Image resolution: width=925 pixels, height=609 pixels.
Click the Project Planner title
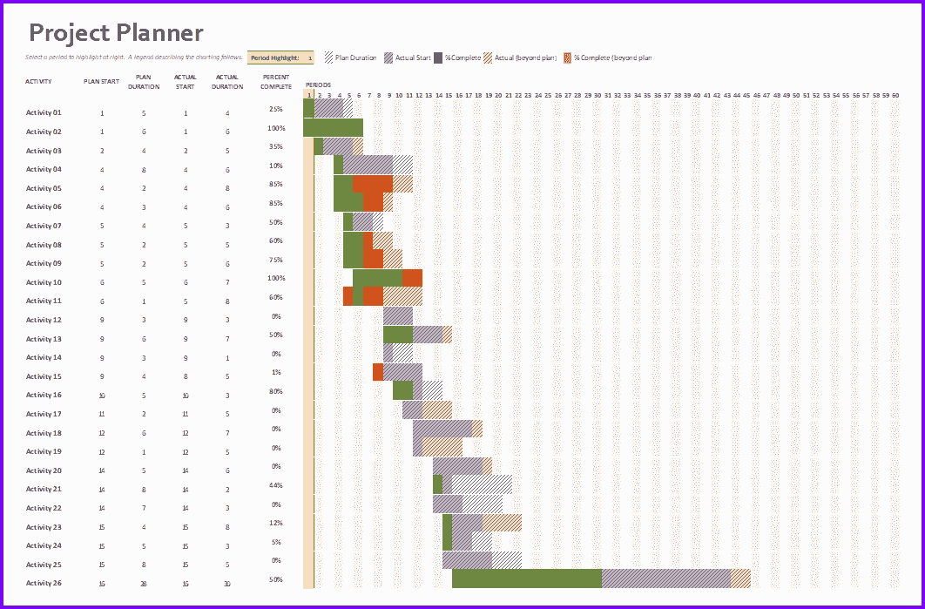click(116, 33)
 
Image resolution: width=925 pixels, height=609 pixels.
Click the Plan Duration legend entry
click(351, 58)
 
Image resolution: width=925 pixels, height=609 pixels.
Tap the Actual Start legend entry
click(408, 58)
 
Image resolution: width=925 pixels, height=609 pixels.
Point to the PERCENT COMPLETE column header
click(276, 81)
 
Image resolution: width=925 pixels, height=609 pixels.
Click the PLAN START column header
click(101, 81)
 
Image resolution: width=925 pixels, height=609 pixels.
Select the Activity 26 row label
click(44, 583)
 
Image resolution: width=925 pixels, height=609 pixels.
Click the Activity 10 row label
click(44, 282)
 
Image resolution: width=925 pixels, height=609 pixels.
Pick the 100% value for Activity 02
click(276, 128)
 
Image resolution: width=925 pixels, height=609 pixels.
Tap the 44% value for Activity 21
click(276, 485)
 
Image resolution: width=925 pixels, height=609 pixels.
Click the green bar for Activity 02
click(333, 127)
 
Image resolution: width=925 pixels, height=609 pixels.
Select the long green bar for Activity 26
click(526, 579)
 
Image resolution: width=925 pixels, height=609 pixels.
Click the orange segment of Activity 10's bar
click(412, 278)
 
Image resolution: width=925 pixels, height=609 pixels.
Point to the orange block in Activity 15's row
click(378, 372)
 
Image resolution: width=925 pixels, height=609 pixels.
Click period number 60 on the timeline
click(895, 95)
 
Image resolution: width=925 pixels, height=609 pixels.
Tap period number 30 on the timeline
click(598, 95)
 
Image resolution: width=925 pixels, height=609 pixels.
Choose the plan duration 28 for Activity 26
click(144, 583)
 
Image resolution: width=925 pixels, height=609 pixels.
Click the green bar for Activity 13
click(397, 335)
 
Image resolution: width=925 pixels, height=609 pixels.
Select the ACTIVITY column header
click(38, 81)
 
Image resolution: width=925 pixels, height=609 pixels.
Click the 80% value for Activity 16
click(276, 391)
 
